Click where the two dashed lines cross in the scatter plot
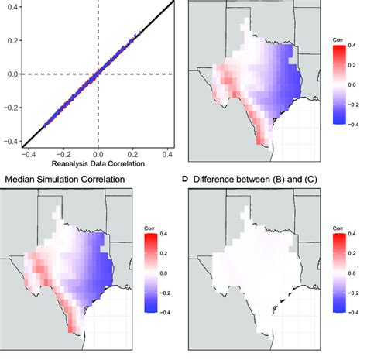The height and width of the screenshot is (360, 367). click(98, 74)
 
